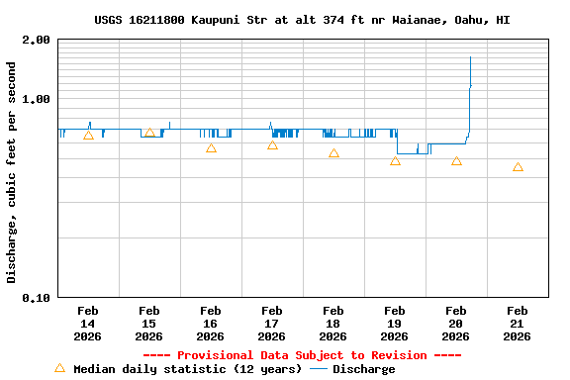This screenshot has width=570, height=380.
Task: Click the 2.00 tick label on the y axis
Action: (x=38, y=41)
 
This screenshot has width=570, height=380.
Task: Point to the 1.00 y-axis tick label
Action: (x=38, y=99)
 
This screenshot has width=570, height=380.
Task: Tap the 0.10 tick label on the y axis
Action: (x=38, y=297)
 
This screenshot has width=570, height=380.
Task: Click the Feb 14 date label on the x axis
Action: (x=87, y=324)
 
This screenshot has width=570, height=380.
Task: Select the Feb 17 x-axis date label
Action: (x=271, y=324)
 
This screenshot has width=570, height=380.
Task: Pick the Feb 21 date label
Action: (x=517, y=324)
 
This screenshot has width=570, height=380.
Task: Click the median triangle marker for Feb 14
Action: (x=88, y=136)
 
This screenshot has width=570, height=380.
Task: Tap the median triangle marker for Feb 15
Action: (x=149, y=133)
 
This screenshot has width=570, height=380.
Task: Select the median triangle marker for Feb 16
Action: (x=211, y=148)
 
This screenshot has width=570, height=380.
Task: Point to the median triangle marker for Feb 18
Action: (x=333, y=153)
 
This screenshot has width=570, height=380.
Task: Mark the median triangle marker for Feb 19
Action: (x=395, y=160)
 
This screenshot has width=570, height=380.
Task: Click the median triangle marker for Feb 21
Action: (x=518, y=167)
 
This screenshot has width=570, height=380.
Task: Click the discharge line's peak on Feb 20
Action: (x=470, y=57)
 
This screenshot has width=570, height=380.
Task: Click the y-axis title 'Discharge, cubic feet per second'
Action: (x=12, y=172)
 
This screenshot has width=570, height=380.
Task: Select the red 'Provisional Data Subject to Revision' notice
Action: (x=302, y=355)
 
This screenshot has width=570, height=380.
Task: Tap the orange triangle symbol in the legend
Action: (x=59, y=368)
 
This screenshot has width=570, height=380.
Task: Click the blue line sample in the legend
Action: (x=319, y=369)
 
